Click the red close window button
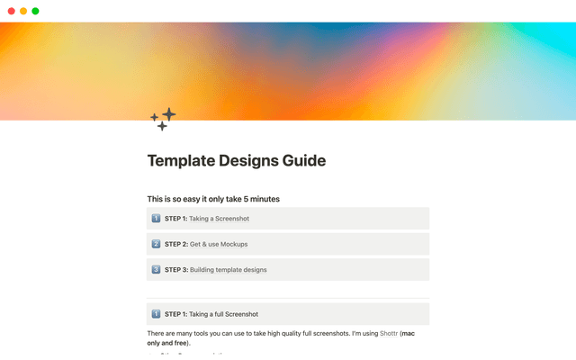click(x=11, y=11)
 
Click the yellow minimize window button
click(x=23, y=11)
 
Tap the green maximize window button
click(x=35, y=11)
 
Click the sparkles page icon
click(x=163, y=119)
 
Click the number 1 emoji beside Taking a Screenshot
click(x=156, y=219)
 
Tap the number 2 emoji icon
click(x=156, y=244)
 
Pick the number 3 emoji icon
click(x=156, y=269)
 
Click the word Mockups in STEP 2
click(x=232, y=244)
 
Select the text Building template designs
click(x=228, y=269)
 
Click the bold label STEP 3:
click(x=175, y=269)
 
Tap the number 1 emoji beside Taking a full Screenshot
click(x=156, y=314)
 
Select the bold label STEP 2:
click(x=175, y=244)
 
